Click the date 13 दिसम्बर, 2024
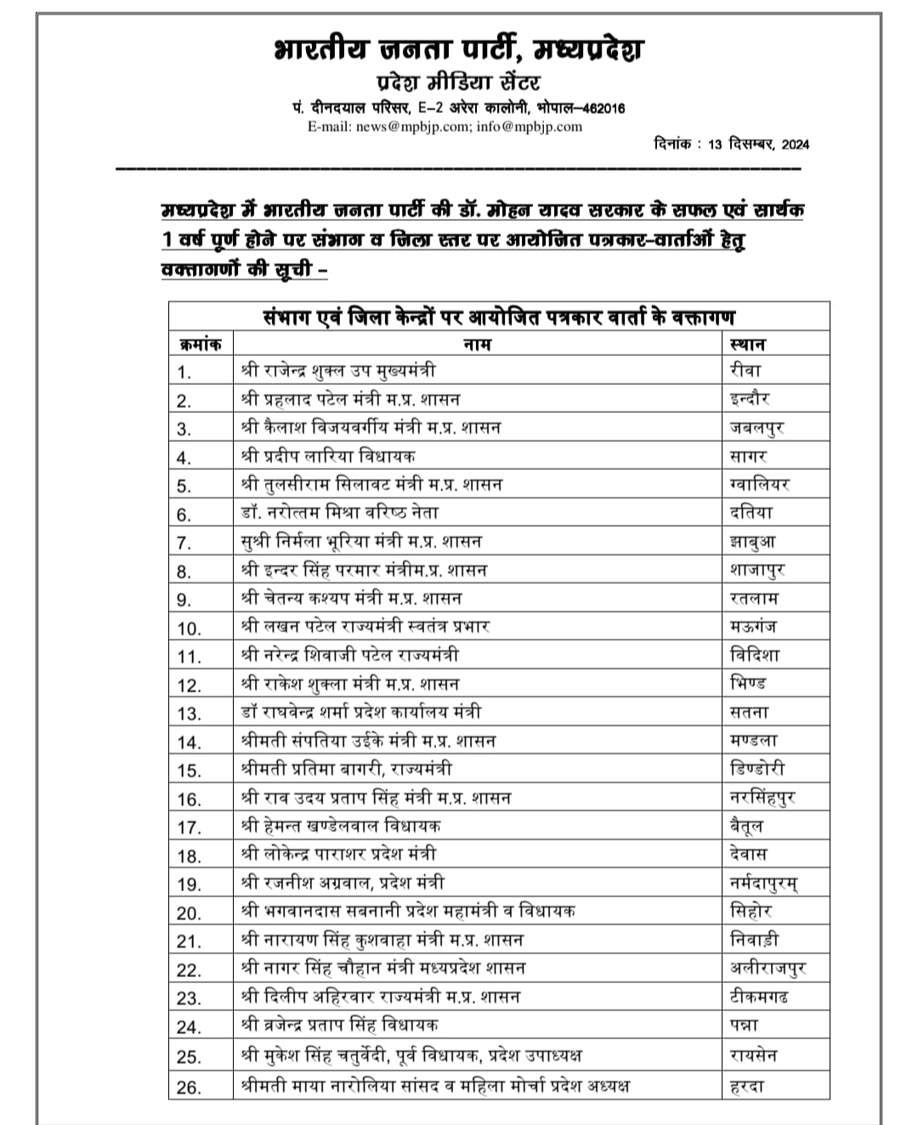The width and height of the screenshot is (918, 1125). click(757, 144)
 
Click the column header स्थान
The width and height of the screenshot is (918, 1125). click(747, 344)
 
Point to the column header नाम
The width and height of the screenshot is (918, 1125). click(477, 344)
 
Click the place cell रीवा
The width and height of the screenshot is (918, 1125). click(745, 370)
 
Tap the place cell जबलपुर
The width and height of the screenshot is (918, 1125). click(756, 427)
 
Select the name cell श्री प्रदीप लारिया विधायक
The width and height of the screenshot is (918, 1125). click(328, 456)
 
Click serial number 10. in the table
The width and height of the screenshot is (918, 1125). click(189, 628)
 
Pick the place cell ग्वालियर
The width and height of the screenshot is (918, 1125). click(759, 484)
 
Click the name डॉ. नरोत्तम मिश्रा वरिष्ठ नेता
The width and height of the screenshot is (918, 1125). click(339, 513)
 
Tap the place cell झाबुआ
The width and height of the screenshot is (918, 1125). click(752, 541)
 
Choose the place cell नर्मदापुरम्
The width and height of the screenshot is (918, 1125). click(763, 884)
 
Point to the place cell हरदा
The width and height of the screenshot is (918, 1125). click(747, 1085)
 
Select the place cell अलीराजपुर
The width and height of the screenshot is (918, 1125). click(768, 968)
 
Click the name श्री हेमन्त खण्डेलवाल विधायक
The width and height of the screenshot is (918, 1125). click(341, 825)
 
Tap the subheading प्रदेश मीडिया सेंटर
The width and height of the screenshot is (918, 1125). click(457, 82)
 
